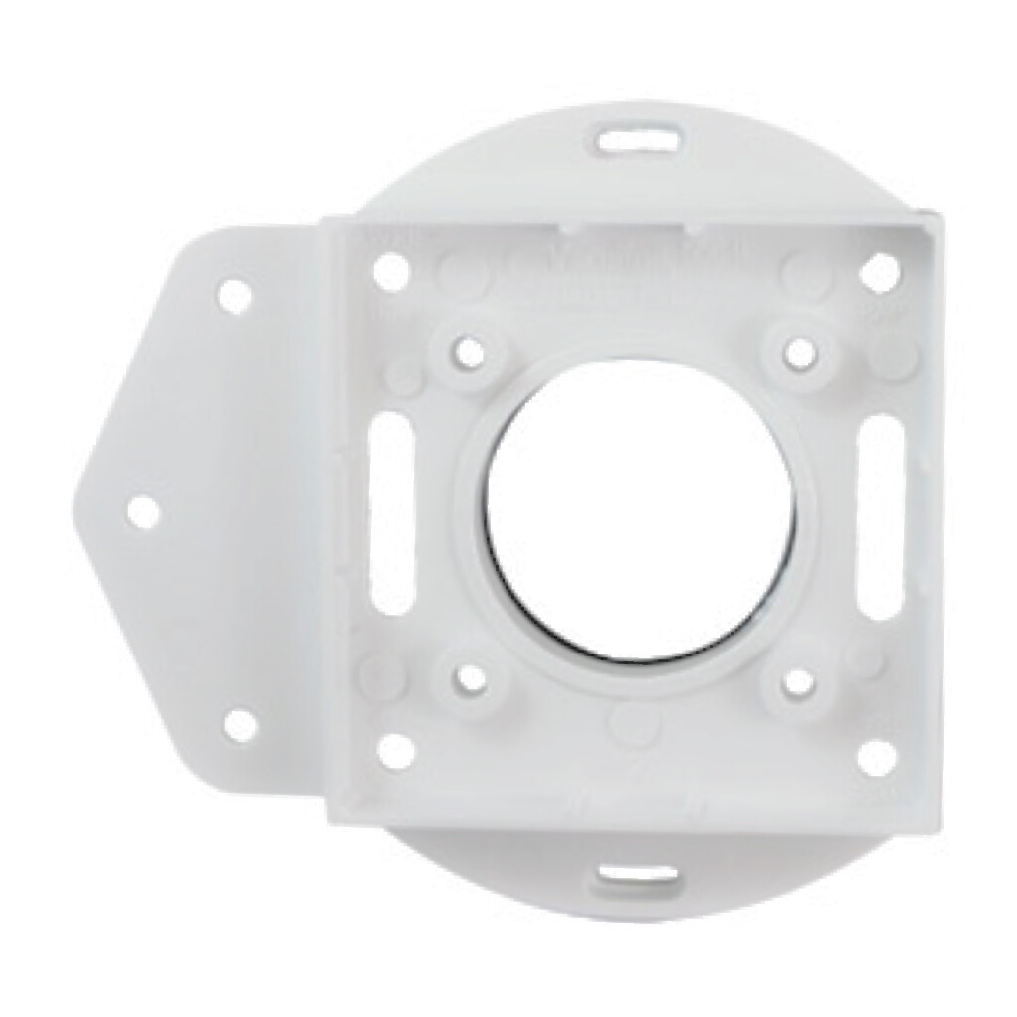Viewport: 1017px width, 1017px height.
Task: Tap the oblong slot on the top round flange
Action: (x=639, y=137)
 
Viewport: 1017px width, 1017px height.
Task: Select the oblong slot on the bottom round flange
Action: (x=638, y=875)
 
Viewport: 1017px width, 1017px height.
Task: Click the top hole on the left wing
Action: (x=234, y=295)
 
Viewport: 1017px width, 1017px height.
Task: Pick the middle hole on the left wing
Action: (x=145, y=511)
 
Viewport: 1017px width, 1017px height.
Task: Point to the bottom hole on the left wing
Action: (x=240, y=726)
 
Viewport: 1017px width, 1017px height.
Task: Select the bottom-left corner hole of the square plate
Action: (x=396, y=751)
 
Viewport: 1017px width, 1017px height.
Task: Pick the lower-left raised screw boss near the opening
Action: (x=471, y=679)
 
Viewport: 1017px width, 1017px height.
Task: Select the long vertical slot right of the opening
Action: (x=881, y=517)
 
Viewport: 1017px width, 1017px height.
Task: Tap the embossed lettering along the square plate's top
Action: (x=636, y=262)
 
